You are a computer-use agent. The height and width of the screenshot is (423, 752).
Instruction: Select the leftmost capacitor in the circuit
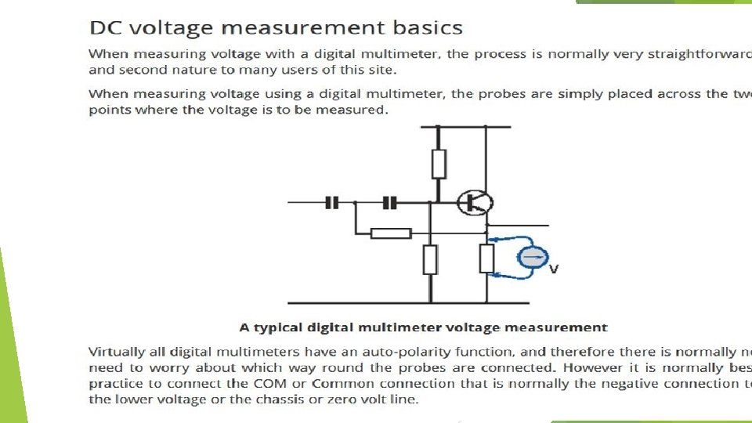(331, 203)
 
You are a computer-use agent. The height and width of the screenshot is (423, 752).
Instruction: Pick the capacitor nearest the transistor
(390, 203)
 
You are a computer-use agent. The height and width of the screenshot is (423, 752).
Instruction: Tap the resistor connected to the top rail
(439, 164)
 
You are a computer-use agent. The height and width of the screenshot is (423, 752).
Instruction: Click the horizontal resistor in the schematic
(390, 233)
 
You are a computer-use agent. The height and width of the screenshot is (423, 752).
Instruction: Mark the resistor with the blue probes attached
(486, 259)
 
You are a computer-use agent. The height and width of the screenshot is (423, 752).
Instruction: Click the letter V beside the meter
(554, 269)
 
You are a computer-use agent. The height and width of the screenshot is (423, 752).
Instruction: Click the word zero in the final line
(327, 399)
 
